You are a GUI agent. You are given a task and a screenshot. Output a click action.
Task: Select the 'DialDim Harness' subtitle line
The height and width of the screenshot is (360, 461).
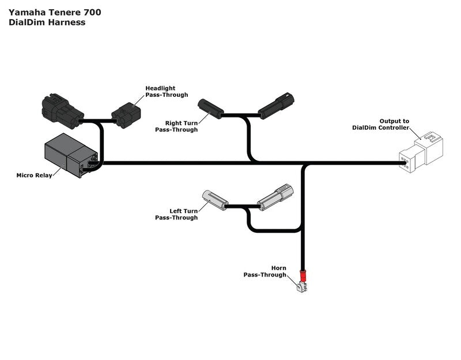coord(47,22)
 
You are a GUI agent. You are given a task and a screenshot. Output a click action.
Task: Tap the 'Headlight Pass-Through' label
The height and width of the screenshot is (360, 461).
coord(167,92)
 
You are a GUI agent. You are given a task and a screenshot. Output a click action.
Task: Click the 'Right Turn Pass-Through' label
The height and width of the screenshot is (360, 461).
coord(176,127)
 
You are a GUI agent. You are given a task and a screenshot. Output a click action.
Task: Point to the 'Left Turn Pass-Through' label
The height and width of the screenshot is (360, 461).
coord(176,214)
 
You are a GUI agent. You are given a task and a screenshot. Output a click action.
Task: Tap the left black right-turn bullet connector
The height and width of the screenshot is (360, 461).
coord(210,108)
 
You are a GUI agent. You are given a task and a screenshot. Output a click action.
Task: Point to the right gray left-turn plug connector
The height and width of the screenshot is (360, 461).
coord(275,196)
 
